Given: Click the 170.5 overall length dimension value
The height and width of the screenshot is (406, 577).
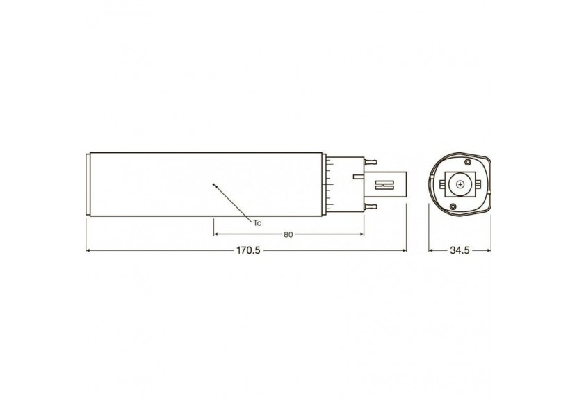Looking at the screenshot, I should point(247,250).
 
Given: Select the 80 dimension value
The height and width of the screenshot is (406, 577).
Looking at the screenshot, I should point(288,234).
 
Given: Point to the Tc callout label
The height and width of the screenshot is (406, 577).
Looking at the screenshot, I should point(257,222).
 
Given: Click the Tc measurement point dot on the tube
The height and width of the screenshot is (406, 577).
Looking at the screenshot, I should point(214,184).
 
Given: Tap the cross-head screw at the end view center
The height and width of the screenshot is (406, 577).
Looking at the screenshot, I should point(460,185).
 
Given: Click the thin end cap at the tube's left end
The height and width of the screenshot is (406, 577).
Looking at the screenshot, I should point(88,185).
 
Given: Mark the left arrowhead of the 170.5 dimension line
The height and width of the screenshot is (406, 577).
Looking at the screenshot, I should point(88,250).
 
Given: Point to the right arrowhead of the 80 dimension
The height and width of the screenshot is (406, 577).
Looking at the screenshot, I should point(362,234).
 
